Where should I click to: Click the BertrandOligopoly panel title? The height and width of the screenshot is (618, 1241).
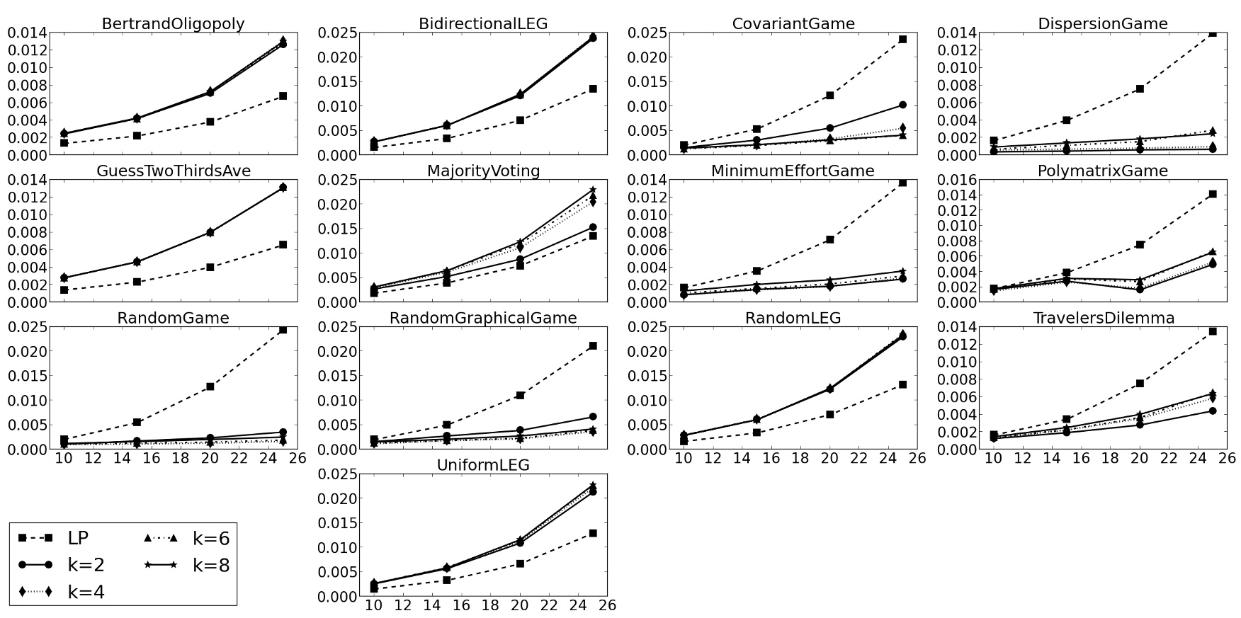[x=174, y=23]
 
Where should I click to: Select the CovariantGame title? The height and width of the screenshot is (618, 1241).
[x=793, y=23]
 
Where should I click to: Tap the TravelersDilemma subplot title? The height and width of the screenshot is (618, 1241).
[x=1103, y=318]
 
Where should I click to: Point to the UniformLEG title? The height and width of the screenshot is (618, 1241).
[x=483, y=465]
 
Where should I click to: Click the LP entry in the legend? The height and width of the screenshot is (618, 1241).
[x=78, y=539]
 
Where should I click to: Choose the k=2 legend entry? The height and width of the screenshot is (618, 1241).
[x=86, y=565]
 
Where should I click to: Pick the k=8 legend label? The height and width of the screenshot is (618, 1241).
[x=211, y=565]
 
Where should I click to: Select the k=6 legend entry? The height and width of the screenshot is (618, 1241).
[x=211, y=539]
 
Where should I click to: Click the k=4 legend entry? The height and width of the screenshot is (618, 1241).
[x=86, y=592]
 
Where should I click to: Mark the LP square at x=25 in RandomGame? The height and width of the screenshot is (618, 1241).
[x=283, y=330]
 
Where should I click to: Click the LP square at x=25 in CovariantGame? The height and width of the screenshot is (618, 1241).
[x=902, y=40]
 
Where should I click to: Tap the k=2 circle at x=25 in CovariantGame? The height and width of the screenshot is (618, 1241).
[x=902, y=105]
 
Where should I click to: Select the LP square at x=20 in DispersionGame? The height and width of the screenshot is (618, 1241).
[x=1140, y=88]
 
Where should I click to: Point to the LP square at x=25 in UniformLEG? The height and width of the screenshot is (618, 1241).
[x=593, y=533]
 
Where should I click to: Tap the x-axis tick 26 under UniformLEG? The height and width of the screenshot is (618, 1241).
[x=608, y=605]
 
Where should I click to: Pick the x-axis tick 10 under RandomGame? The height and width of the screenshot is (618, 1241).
[x=64, y=458]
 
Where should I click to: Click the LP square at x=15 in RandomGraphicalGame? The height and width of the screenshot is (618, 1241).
[x=447, y=425]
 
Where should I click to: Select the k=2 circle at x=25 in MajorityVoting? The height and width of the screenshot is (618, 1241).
[x=593, y=227]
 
